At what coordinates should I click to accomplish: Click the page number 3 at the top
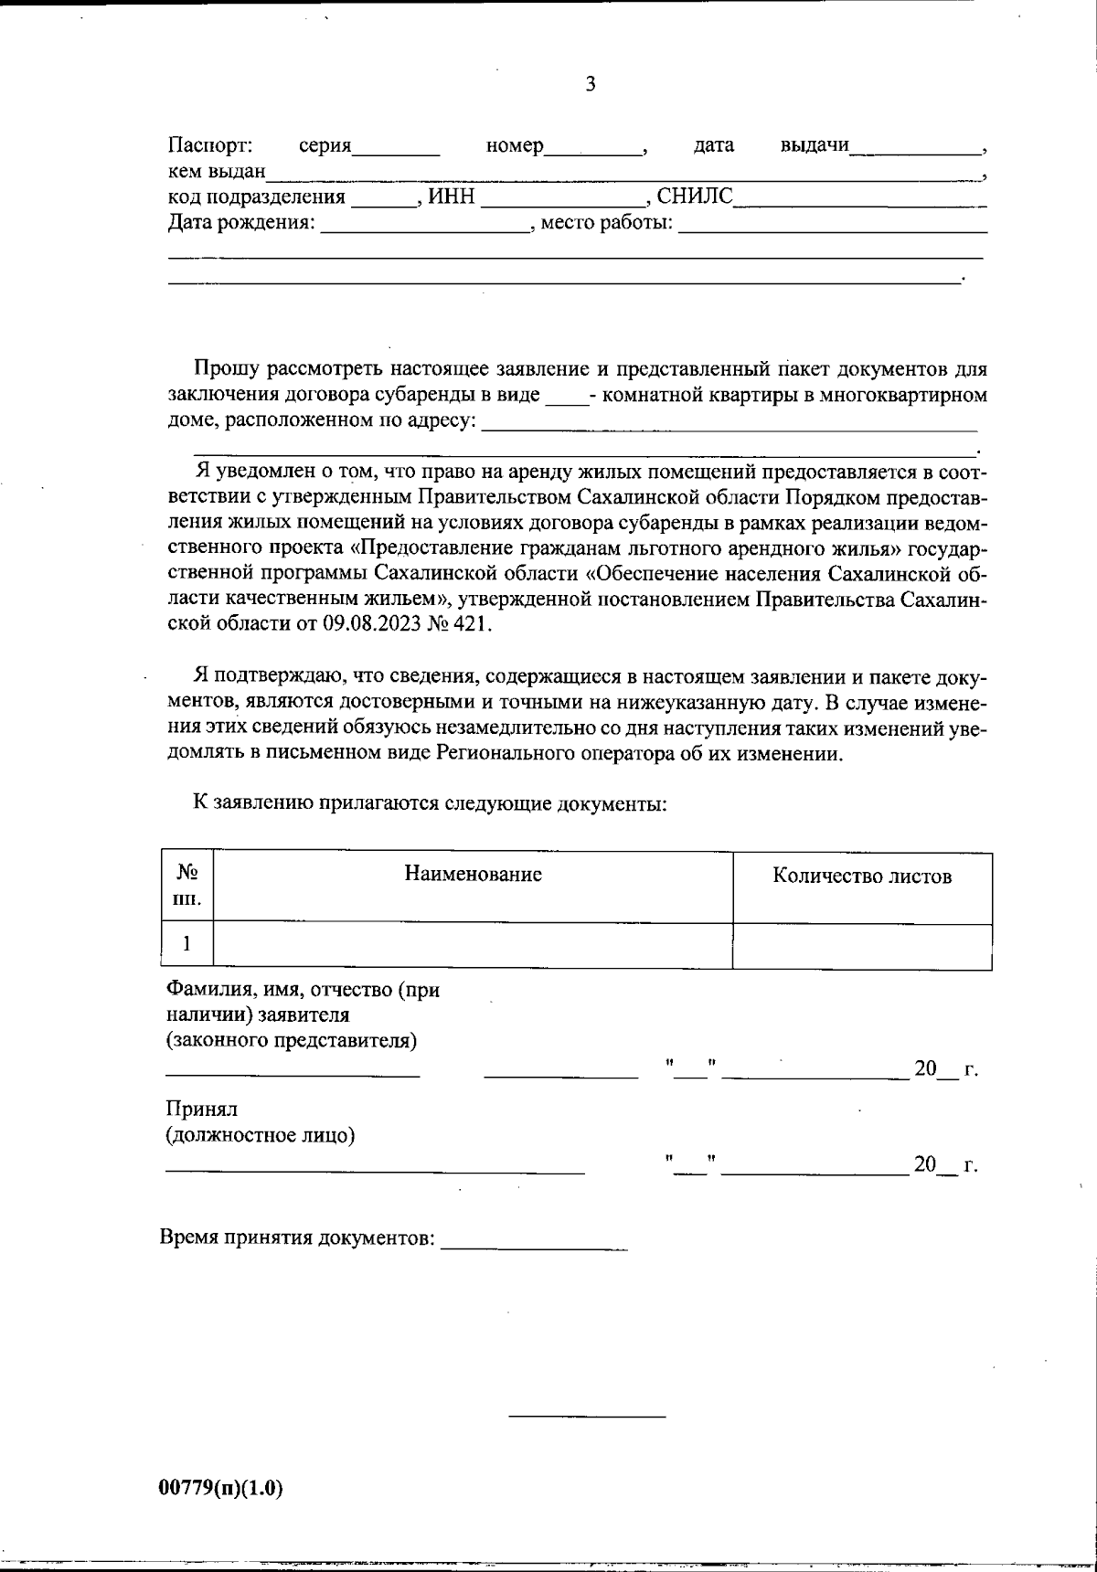pyautogui.click(x=590, y=85)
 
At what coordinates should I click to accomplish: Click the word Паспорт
pyautogui.click(x=209, y=145)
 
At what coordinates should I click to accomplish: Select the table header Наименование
pyautogui.click(x=473, y=875)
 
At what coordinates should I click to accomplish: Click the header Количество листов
pyautogui.click(x=862, y=876)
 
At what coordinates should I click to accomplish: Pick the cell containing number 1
pyautogui.click(x=186, y=944)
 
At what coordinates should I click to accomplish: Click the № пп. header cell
pyautogui.click(x=186, y=887)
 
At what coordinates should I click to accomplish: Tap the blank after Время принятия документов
pyautogui.click(x=534, y=1243)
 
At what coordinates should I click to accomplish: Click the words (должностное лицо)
pyautogui.click(x=260, y=1135)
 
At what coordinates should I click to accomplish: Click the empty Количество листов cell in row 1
pyautogui.click(x=862, y=945)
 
